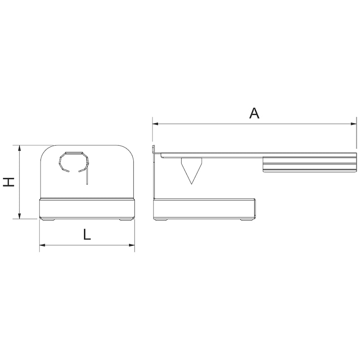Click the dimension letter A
(254, 112)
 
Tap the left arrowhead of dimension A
(155, 123)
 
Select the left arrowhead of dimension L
(42, 245)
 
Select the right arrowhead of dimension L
(132, 245)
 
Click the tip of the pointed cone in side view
(191, 183)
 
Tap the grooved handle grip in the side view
(310, 163)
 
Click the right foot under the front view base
(125, 219)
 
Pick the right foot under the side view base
(246, 219)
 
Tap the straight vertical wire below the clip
(86, 175)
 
